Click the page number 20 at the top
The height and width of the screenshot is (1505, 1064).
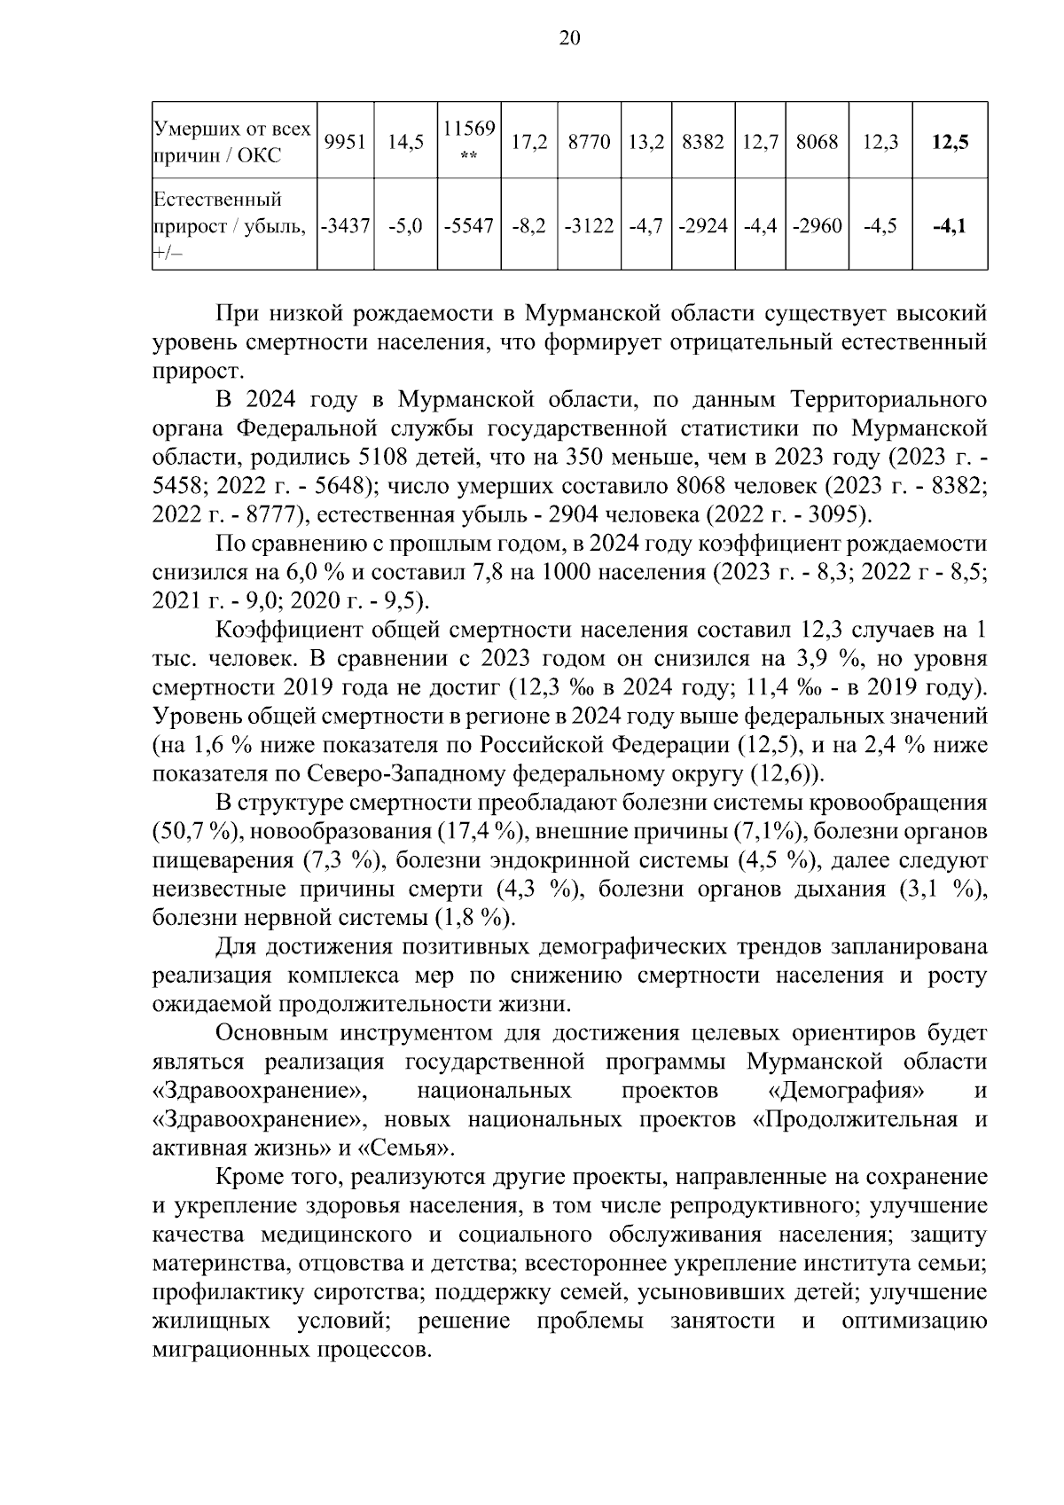(569, 37)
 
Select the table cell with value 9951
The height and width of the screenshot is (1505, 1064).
(346, 141)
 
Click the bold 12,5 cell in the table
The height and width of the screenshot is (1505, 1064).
(951, 141)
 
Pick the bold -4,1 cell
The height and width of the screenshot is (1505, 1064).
(951, 225)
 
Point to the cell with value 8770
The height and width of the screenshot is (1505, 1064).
(589, 141)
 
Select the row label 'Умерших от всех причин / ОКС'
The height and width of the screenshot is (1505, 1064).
(232, 142)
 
